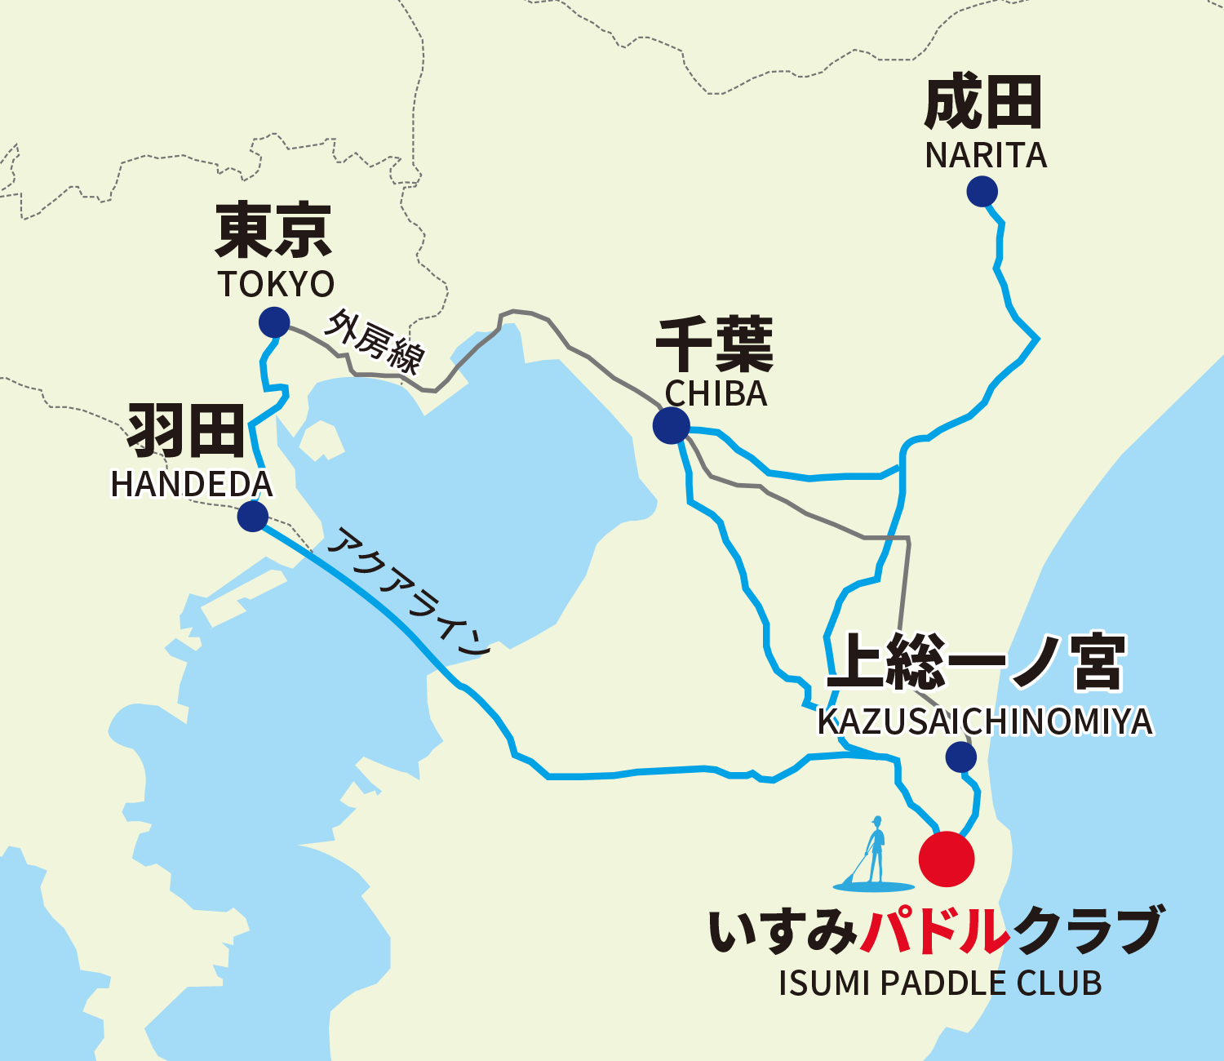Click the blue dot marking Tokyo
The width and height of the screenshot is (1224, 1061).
pyautogui.click(x=274, y=322)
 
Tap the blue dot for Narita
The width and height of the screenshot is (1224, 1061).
pyautogui.click(x=982, y=192)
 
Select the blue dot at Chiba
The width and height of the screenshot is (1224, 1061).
pyautogui.click(x=671, y=425)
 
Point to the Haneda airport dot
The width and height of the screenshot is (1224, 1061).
pyautogui.click(x=253, y=517)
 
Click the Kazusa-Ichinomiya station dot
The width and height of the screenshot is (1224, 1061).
pyautogui.click(x=961, y=757)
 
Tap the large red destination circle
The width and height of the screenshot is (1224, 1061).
pyautogui.click(x=947, y=859)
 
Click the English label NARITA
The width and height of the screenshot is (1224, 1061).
pyautogui.click(x=986, y=156)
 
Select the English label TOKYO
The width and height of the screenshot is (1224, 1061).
pyautogui.click(x=276, y=284)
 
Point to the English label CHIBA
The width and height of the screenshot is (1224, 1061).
pyautogui.click(x=716, y=394)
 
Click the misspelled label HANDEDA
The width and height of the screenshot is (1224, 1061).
pyautogui.click(x=192, y=485)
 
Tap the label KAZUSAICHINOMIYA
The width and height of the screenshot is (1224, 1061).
pyautogui.click(x=985, y=721)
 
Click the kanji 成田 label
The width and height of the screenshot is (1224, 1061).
pyautogui.click(x=983, y=103)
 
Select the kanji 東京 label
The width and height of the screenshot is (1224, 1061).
pyautogui.click(x=273, y=231)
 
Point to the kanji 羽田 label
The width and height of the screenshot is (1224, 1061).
pyautogui.click(x=186, y=430)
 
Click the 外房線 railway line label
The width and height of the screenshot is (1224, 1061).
pyautogui.click(x=375, y=341)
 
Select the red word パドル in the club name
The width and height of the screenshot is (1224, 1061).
pyautogui.click(x=935, y=930)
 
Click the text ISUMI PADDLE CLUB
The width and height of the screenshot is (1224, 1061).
pyautogui.click(x=940, y=983)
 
